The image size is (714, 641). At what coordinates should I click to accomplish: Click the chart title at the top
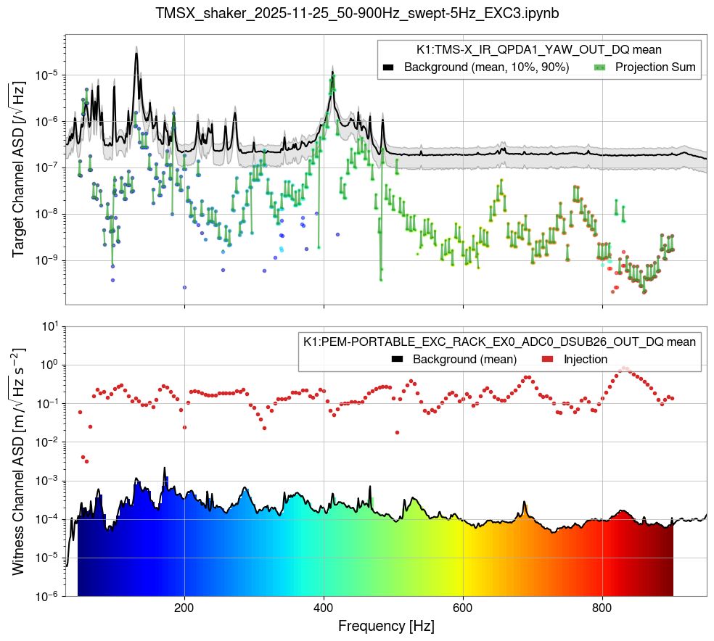pyautogui.click(x=357, y=13)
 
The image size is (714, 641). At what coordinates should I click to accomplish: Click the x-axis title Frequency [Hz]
pyautogui.click(x=385, y=624)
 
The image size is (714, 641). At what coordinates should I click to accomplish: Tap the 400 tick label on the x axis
pyautogui.click(x=324, y=606)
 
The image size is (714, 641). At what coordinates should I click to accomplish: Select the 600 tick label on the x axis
pyautogui.click(x=463, y=606)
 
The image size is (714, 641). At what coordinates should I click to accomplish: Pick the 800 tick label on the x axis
pyautogui.click(x=602, y=606)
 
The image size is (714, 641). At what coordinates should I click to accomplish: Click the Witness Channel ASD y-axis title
pyautogui.click(x=19, y=461)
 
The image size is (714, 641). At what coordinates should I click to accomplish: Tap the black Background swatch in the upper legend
pyautogui.click(x=388, y=67)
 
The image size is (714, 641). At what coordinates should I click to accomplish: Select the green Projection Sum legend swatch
pyautogui.click(x=599, y=67)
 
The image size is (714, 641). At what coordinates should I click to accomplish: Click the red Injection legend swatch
pyautogui.click(x=548, y=359)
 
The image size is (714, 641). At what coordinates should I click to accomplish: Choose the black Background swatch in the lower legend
pyautogui.click(x=398, y=359)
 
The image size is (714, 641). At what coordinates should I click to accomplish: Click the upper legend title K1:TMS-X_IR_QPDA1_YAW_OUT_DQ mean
pyautogui.click(x=538, y=49)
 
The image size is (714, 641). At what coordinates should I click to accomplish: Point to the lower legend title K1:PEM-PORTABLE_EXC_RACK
pyautogui.click(x=499, y=341)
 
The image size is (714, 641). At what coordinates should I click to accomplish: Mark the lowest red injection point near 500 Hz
pyautogui.click(x=397, y=432)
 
